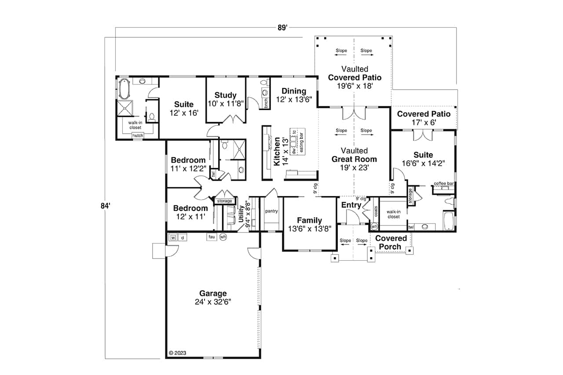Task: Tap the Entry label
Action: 351,205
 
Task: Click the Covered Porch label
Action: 391,242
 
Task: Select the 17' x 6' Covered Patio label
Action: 424,118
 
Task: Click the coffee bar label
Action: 444,183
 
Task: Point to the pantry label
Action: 271,211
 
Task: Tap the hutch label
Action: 138,136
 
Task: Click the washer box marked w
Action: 173,237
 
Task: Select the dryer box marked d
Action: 182,237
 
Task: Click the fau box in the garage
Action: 212,237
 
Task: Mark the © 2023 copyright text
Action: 178,353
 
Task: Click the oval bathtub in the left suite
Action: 123,89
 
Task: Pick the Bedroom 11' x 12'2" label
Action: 188,164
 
